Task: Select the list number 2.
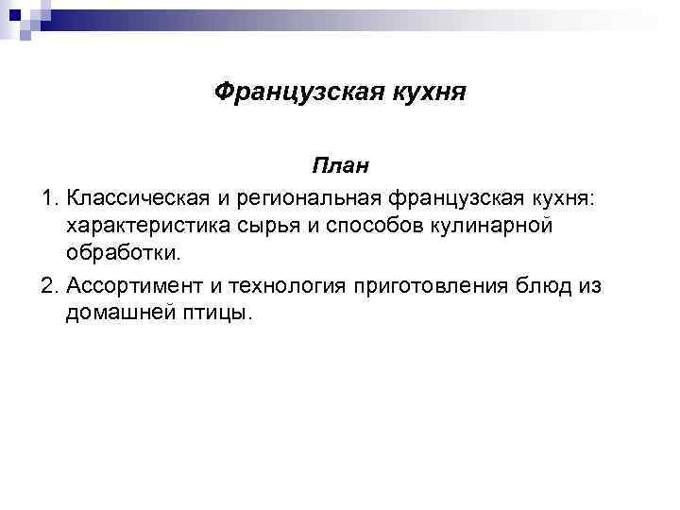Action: [x=48, y=285]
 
